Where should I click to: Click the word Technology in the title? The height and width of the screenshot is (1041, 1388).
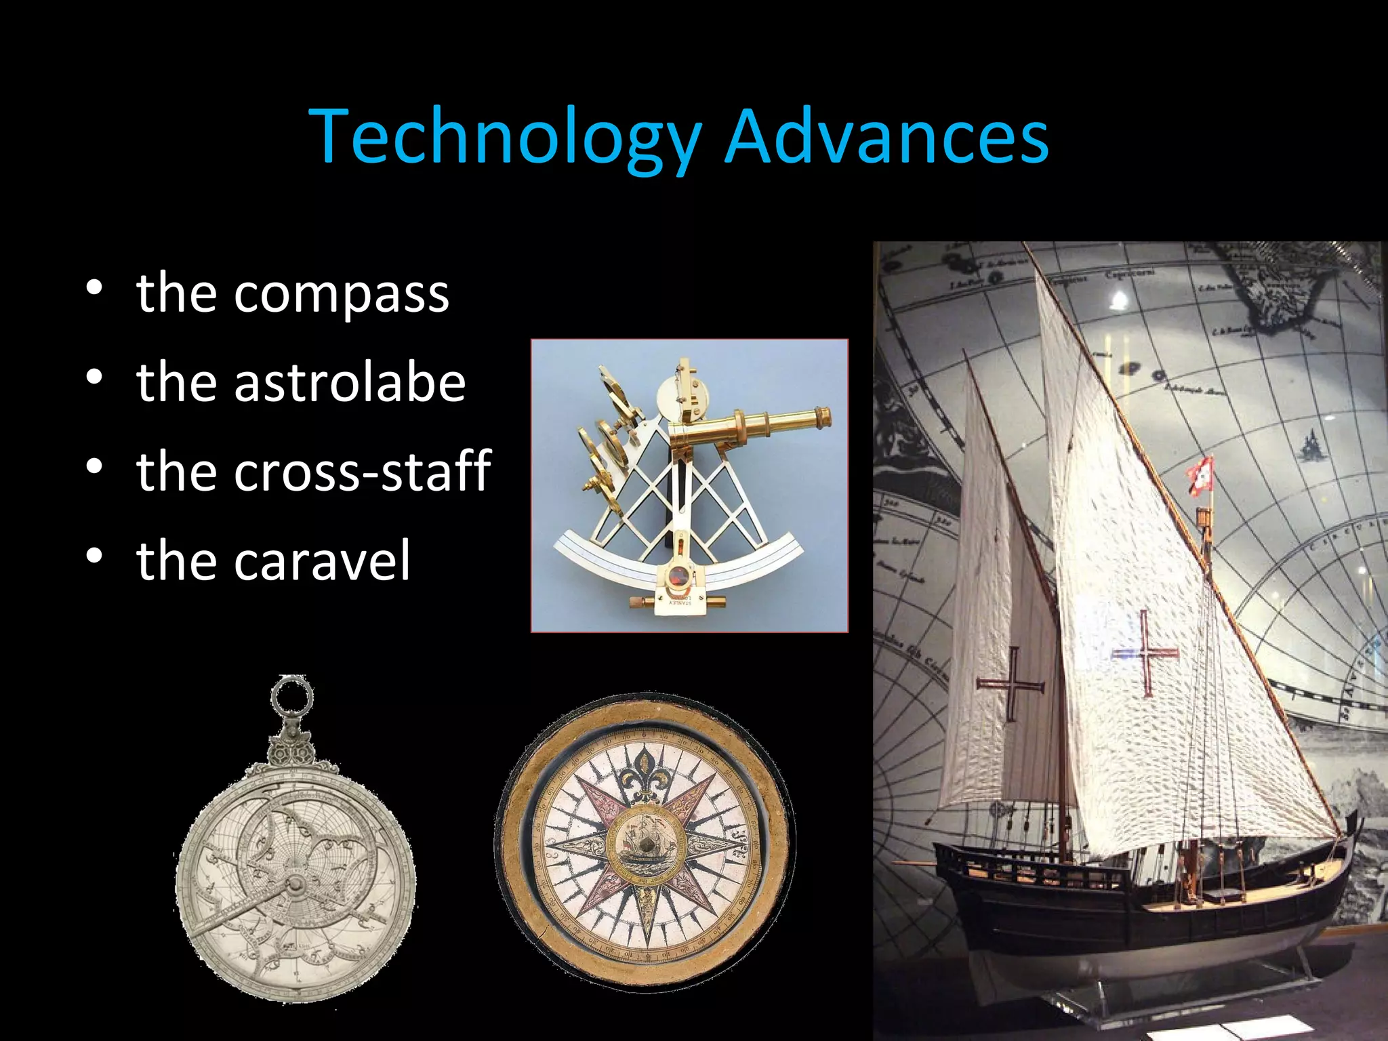tap(505, 138)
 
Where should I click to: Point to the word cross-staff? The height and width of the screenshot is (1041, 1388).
tap(362, 470)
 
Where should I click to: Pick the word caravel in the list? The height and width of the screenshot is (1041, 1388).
tap(322, 560)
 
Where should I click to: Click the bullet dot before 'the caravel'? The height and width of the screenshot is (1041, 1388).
tap(94, 556)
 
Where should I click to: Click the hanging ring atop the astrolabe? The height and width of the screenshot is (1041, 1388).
tap(292, 695)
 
